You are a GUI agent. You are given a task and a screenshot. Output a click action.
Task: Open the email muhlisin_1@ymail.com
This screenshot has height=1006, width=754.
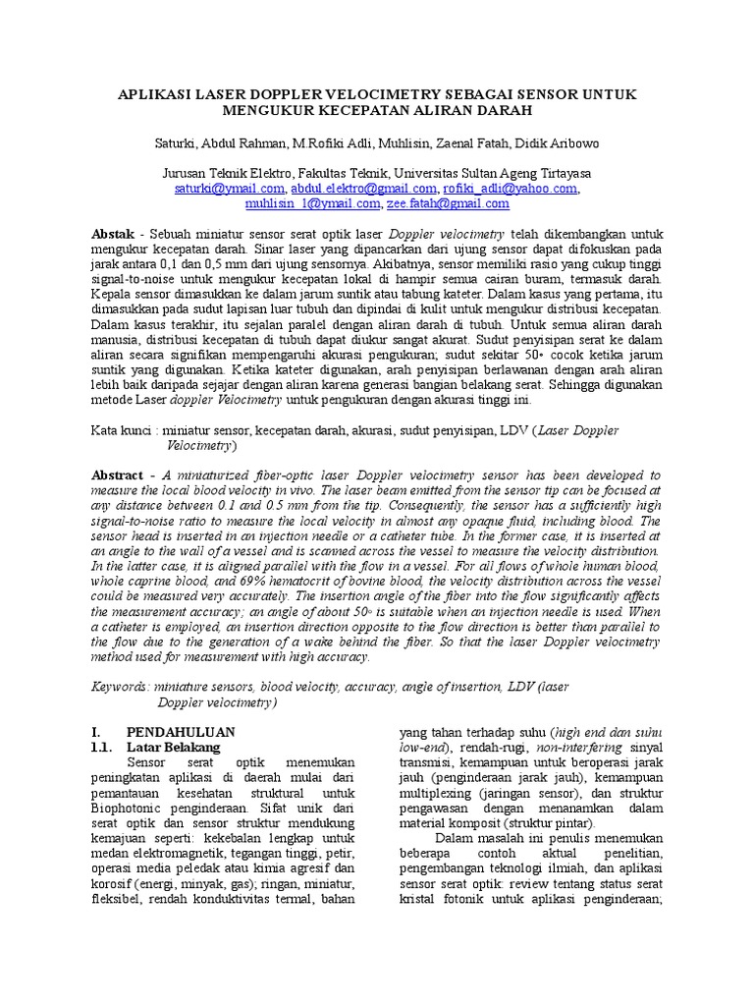(311, 204)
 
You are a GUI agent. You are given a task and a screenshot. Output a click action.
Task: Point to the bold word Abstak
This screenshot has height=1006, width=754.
(112, 236)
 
